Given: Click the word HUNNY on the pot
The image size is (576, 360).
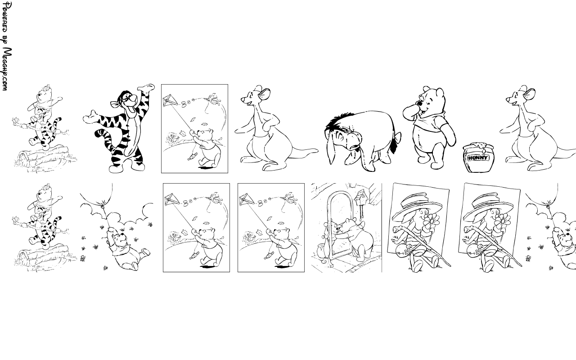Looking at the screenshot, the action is pyautogui.click(x=478, y=157).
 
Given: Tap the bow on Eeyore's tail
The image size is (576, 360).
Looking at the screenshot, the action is pyautogui.click(x=398, y=137).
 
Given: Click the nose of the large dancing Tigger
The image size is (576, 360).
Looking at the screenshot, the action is pyautogui.click(x=134, y=98).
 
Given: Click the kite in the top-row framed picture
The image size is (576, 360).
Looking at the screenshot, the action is pyautogui.click(x=170, y=100).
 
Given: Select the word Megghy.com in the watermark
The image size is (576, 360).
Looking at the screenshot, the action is pyautogui.click(x=7, y=69).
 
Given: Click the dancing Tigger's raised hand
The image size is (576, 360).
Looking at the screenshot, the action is pyautogui.click(x=146, y=87).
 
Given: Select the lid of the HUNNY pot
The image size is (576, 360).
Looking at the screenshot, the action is pyautogui.click(x=478, y=147).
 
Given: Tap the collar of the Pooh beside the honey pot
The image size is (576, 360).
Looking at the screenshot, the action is pyautogui.click(x=430, y=117).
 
